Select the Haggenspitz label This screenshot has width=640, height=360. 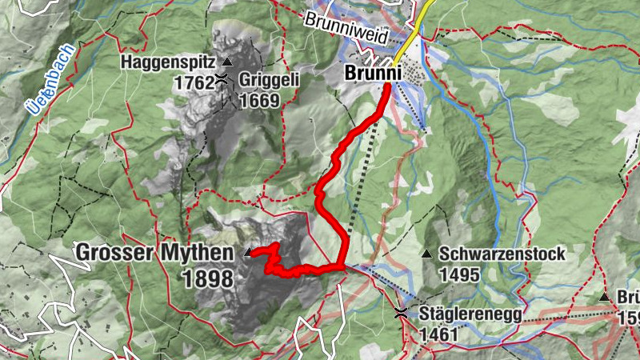(170, 62)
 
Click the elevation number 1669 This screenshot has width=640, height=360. (258, 100)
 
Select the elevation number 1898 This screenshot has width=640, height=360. (207, 278)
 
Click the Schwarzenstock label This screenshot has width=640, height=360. (502, 254)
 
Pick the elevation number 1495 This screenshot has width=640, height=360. (459, 274)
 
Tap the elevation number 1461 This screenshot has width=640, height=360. (437, 334)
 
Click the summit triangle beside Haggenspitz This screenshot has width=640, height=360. (228, 62)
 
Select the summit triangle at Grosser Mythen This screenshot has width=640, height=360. (247, 253)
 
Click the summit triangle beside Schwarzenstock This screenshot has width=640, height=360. (427, 254)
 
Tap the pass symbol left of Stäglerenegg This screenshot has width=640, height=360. (401, 314)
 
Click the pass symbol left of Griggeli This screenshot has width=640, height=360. (220, 80)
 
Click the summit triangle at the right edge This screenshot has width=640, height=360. (605, 297)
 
